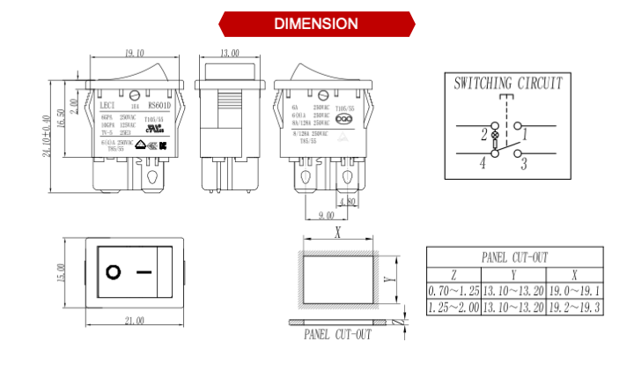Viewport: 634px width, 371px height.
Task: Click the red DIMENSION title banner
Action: (316, 24)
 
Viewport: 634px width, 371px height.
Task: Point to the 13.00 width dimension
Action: (229, 54)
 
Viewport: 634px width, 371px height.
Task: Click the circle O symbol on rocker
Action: (113, 271)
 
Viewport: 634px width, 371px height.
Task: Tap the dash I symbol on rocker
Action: (146, 271)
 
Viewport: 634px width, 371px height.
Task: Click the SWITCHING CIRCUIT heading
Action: (508, 84)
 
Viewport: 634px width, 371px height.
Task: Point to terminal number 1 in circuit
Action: (524, 134)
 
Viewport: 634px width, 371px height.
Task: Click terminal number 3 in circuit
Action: (523, 163)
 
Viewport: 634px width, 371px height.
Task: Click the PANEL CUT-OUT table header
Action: (514, 257)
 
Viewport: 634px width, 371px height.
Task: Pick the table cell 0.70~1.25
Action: (453, 290)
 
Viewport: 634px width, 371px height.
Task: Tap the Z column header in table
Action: (453, 274)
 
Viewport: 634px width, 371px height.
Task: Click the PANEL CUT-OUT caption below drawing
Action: (337, 335)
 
